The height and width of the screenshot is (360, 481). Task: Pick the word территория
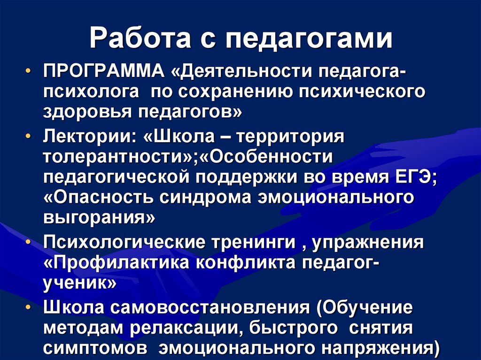pyautogui.click(x=291, y=136)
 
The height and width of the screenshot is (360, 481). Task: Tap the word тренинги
pyautogui.click(x=253, y=242)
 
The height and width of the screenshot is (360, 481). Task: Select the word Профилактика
pyautogui.click(x=122, y=263)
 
